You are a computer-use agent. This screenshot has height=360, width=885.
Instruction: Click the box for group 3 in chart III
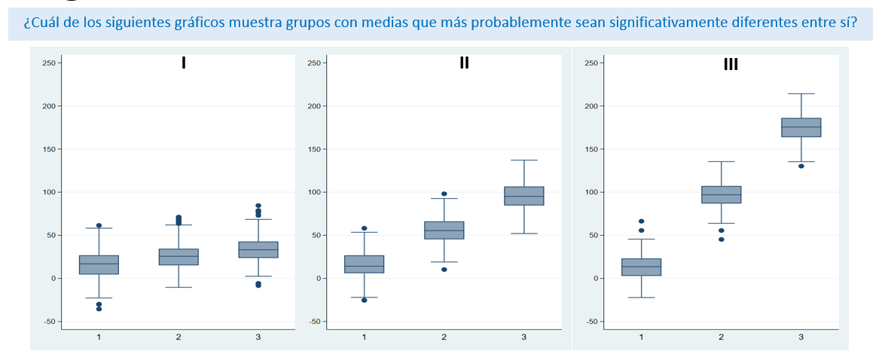pyautogui.click(x=801, y=127)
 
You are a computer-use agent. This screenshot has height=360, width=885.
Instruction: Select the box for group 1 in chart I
pyautogui.click(x=99, y=264)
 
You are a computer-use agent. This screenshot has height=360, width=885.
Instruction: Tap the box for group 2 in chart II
pyautogui.click(x=444, y=230)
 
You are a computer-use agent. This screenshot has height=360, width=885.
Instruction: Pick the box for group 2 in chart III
pyautogui.click(x=721, y=194)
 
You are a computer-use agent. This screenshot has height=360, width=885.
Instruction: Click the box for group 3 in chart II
pyautogui.click(x=523, y=196)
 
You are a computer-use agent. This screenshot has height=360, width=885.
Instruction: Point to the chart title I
pyautogui.click(x=183, y=63)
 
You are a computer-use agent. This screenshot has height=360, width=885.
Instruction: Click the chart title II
pyautogui.click(x=464, y=63)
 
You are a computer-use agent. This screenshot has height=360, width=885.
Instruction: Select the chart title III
pyautogui.click(x=731, y=65)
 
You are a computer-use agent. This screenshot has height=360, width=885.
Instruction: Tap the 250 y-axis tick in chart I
pyautogui.click(x=49, y=63)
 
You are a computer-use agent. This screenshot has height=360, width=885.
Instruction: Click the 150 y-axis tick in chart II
pyautogui.click(x=314, y=149)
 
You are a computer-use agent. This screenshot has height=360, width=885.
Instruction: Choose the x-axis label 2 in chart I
pyautogui.click(x=179, y=337)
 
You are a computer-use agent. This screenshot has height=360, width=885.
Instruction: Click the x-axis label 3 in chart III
pyautogui.click(x=801, y=337)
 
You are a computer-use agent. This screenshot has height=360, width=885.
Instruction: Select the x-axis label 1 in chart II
pyautogui.click(x=364, y=337)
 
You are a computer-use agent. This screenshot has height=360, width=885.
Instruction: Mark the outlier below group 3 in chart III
pyautogui.click(x=801, y=166)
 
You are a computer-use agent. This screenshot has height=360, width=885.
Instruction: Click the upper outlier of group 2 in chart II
pyautogui.click(x=444, y=194)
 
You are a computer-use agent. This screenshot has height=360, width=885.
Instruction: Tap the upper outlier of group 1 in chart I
pyautogui.click(x=99, y=225)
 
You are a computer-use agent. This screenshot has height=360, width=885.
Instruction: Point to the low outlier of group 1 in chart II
pyautogui.click(x=364, y=300)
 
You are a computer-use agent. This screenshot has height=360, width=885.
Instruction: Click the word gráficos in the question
pyautogui.click(x=191, y=21)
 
